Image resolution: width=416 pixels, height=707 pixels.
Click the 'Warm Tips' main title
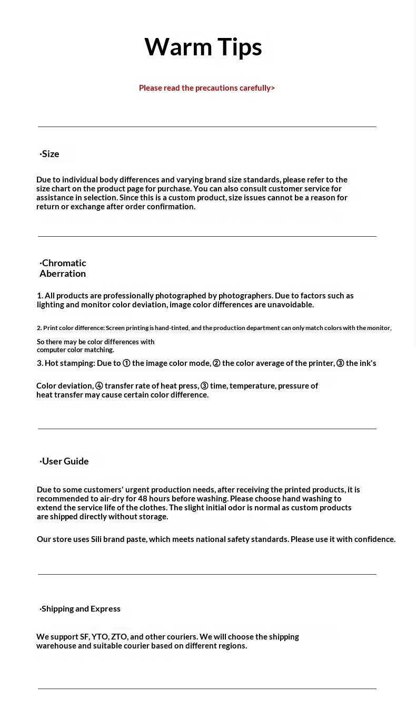coord(203,47)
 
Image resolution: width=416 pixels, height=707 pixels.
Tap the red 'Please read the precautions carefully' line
coord(206,88)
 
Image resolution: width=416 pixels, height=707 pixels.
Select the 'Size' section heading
coord(50,154)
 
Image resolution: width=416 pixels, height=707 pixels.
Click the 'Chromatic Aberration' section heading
coord(63,268)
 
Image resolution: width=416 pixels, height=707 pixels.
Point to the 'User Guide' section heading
coord(65,461)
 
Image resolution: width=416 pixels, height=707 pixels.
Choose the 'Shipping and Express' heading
coord(81,609)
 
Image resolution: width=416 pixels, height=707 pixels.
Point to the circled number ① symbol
coord(126,363)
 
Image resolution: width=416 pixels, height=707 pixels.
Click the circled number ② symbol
coord(216,363)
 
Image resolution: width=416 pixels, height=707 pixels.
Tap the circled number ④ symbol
coord(99,386)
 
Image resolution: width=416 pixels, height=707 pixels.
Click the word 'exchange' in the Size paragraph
coord(87,207)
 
